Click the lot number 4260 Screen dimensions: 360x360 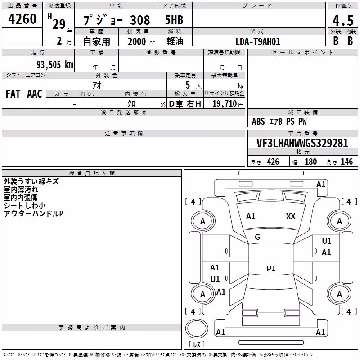click(22, 19)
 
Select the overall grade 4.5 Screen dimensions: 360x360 click(343, 21)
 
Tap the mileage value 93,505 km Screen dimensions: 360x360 click(55, 65)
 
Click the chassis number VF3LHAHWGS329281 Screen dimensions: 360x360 click(302, 143)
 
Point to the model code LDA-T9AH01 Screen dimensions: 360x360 click(258, 41)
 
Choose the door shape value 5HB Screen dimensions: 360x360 click(174, 20)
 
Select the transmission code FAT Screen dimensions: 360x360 click(13, 94)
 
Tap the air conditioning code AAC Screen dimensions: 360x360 click(35, 94)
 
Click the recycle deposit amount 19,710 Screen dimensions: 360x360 click(224, 104)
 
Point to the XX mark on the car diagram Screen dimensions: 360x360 click(291, 216)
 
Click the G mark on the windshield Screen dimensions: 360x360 click(257, 237)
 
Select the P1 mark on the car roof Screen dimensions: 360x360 click(271, 268)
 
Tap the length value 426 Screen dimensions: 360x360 click(273, 162)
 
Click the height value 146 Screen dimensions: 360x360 click(346, 162)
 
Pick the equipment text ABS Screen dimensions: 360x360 click(258, 121)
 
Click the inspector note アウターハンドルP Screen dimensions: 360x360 click(33, 214)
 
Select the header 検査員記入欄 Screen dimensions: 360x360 click(92, 173)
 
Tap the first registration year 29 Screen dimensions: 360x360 click(59, 24)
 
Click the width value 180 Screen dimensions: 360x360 click(310, 162)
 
